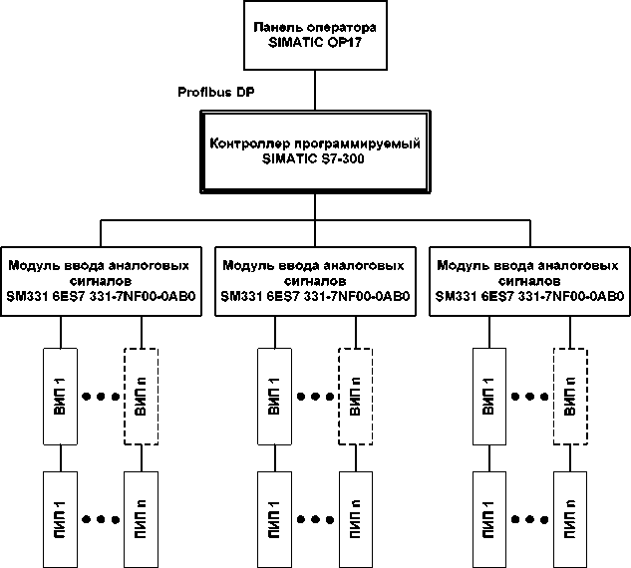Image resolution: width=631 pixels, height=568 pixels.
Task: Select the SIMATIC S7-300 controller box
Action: [315, 151]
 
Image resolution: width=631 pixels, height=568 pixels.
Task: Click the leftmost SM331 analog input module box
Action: [101, 281]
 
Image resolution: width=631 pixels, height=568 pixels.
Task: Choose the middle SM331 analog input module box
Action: [314, 281]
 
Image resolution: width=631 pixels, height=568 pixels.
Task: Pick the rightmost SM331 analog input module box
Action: [528, 281]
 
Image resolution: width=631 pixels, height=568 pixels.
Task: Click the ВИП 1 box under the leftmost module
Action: [62, 397]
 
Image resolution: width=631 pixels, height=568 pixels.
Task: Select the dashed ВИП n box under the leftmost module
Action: [141, 397]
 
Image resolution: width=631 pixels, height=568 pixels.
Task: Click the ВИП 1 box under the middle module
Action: [275, 397]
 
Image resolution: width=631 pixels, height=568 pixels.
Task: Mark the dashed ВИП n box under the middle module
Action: [356, 397]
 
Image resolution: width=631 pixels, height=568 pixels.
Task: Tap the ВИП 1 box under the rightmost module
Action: [489, 397]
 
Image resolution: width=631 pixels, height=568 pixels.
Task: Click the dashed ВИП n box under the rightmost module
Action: [570, 397]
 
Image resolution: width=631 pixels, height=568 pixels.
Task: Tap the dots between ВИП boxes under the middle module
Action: [315, 397]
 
